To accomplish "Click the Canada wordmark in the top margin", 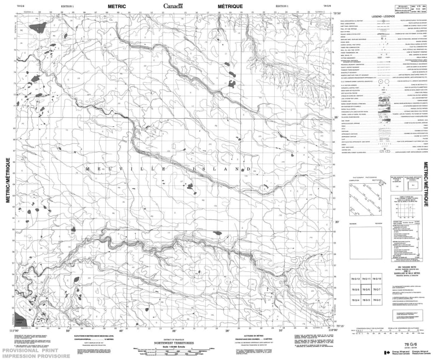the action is point(175,6).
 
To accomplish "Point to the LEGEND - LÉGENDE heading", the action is point(383,17).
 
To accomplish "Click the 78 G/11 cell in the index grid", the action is point(366,280).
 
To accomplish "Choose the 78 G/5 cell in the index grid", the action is point(354,290).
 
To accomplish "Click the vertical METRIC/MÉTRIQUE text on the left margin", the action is point(8,181).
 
